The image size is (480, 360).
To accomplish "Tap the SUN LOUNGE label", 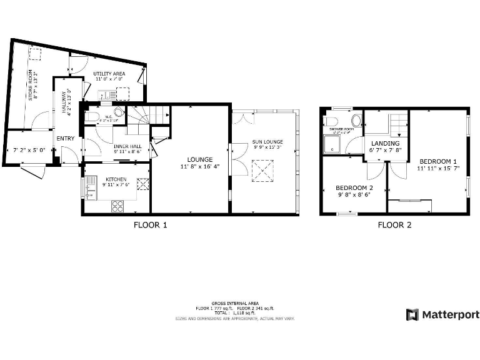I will pos(266,142).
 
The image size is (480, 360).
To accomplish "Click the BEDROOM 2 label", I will pos(354,187).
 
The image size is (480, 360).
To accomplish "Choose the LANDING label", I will pos(385,143).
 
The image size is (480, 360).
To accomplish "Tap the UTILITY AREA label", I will pos(109,74).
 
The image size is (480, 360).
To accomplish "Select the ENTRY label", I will pos(65,138).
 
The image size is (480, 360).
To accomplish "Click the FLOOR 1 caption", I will pos(150,226).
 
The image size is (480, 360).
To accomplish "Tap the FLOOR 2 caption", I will pos(394,226).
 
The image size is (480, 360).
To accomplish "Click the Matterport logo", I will pos(442,314).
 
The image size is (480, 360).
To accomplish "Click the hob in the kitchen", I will pos(117,206).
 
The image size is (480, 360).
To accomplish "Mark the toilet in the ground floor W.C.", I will pos(91,117).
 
